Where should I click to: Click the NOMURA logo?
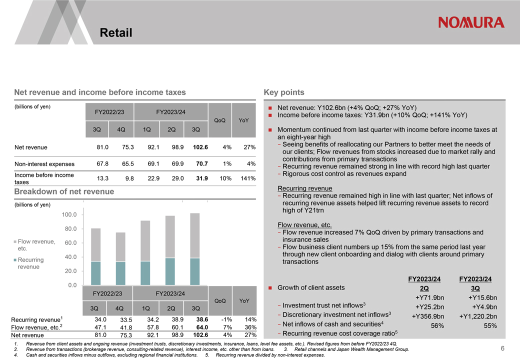[471, 22]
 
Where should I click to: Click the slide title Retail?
[116, 32]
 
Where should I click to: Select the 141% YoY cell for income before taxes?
[248, 178]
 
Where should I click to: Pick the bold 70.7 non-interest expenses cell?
[202, 164]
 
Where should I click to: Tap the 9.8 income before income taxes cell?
[129, 178]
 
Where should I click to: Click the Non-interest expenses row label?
[44, 164]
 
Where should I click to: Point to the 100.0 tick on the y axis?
[69, 214]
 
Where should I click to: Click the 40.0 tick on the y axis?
[70, 257]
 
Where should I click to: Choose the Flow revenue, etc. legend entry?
[34, 245]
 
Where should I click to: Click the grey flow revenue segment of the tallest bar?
[195, 235]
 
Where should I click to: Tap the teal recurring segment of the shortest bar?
[120, 273]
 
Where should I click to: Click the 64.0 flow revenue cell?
[202, 327]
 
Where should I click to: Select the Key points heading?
[284, 92]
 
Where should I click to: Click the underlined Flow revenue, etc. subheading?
[304, 225]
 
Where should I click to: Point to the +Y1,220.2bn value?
[478, 316]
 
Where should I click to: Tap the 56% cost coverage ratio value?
[437, 326]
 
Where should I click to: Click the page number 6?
[502, 348]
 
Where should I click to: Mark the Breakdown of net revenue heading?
[64, 191]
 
